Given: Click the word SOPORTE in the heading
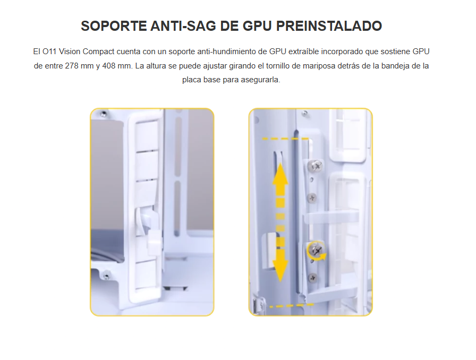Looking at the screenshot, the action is click(114, 26).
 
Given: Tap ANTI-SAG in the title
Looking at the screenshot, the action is click(184, 26).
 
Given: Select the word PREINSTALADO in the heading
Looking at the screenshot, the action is click(329, 26).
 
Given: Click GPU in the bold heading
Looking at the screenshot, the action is click(258, 26).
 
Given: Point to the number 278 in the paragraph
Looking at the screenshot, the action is click(72, 66).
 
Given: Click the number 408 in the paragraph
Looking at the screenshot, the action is click(109, 66).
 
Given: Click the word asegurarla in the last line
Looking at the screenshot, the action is click(260, 80).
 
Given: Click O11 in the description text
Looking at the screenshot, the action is click(49, 52).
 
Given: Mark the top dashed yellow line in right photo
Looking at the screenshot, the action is click(285, 139).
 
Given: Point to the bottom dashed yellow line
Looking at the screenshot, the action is click(292, 305).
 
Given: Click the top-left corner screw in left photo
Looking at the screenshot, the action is click(104, 114).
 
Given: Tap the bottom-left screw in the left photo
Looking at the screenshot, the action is click(106, 276).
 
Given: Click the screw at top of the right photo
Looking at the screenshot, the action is click(305, 114).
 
